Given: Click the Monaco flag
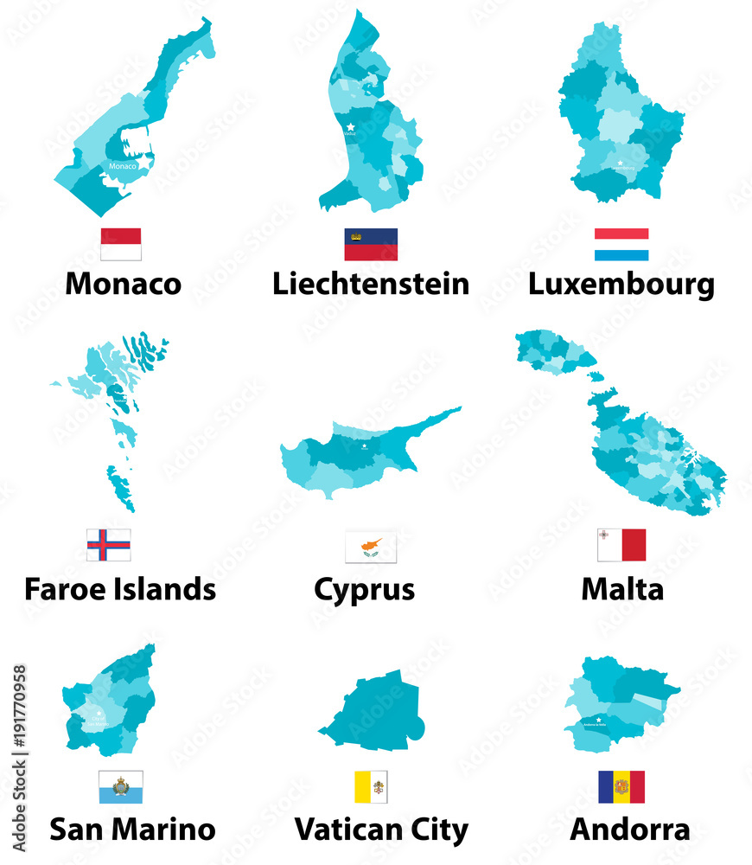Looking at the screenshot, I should [121, 244].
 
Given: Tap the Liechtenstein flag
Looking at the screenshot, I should [371, 244].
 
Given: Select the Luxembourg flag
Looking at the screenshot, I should [621, 244].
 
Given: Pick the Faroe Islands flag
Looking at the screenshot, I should [109, 545].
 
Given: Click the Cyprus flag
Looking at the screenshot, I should [371, 547].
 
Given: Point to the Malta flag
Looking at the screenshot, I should [621, 545].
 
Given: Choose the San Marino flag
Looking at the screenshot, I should [121, 787].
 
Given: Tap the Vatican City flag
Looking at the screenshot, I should [371, 787].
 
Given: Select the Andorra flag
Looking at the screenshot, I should [621, 787].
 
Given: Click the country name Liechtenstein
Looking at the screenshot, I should [371, 284].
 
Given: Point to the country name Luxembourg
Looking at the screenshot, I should [621, 284].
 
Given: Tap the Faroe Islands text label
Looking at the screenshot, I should [120, 589].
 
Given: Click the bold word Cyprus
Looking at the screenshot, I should [364, 590].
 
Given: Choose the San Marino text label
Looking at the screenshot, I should [132, 830].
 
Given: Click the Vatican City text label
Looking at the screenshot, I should [381, 830].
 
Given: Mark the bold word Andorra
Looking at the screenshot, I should [630, 830].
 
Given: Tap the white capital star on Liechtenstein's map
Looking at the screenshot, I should [350, 127].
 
